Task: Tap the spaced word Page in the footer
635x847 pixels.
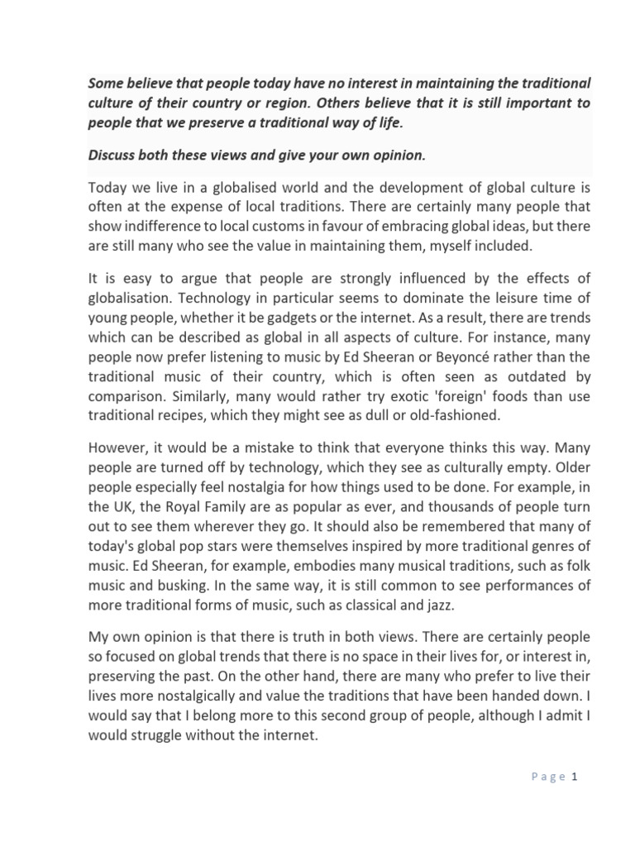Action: [x=547, y=777]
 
